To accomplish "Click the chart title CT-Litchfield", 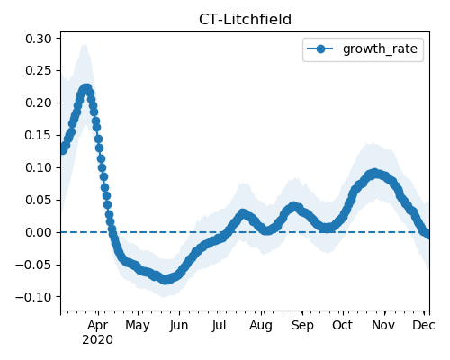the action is pyautogui.click(x=245, y=20).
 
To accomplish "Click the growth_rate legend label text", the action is pyautogui.click(x=380, y=49).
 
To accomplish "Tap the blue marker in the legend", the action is pyautogui.click(x=320, y=49).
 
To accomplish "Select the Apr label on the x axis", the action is pyautogui.click(x=98, y=325).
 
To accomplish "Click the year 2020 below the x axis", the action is pyautogui.click(x=98, y=340).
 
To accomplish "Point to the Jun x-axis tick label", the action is pyautogui.click(x=179, y=325).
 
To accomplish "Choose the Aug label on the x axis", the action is pyautogui.click(x=261, y=325).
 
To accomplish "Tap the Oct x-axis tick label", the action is pyautogui.click(x=343, y=325).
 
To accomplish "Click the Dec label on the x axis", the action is pyautogui.click(x=424, y=325).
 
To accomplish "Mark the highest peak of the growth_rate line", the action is pyautogui.click(x=86, y=89).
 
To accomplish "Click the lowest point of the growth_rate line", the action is pyautogui.click(x=166, y=280).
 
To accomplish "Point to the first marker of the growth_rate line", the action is pyautogui.click(x=63, y=149).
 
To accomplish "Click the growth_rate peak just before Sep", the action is pyautogui.click(x=293, y=207).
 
